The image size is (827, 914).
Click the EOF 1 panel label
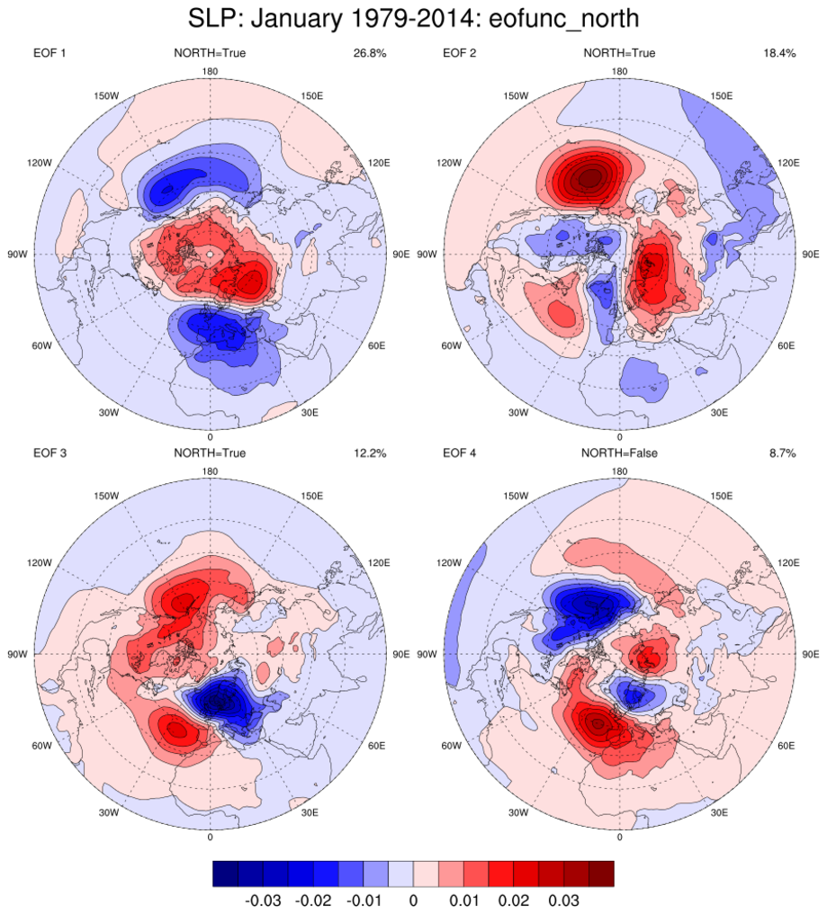tap(49, 53)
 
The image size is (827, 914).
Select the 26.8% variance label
tap(370, 53)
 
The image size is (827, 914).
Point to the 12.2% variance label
tap(370, 453)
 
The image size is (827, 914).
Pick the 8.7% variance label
tap(782, 453)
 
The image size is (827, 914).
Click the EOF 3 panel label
tap(49, 453)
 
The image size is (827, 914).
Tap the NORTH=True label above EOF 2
tap(619, 53)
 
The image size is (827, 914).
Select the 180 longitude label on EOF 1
tap(210, 71)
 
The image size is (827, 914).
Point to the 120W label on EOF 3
tap(39, 563)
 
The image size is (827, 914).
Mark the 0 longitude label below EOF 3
tap(210, 838)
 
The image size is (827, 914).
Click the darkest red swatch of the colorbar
tap(601, 873)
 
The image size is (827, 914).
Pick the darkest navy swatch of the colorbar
tap(225, 873)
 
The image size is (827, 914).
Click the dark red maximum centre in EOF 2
tap(589, 179)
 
